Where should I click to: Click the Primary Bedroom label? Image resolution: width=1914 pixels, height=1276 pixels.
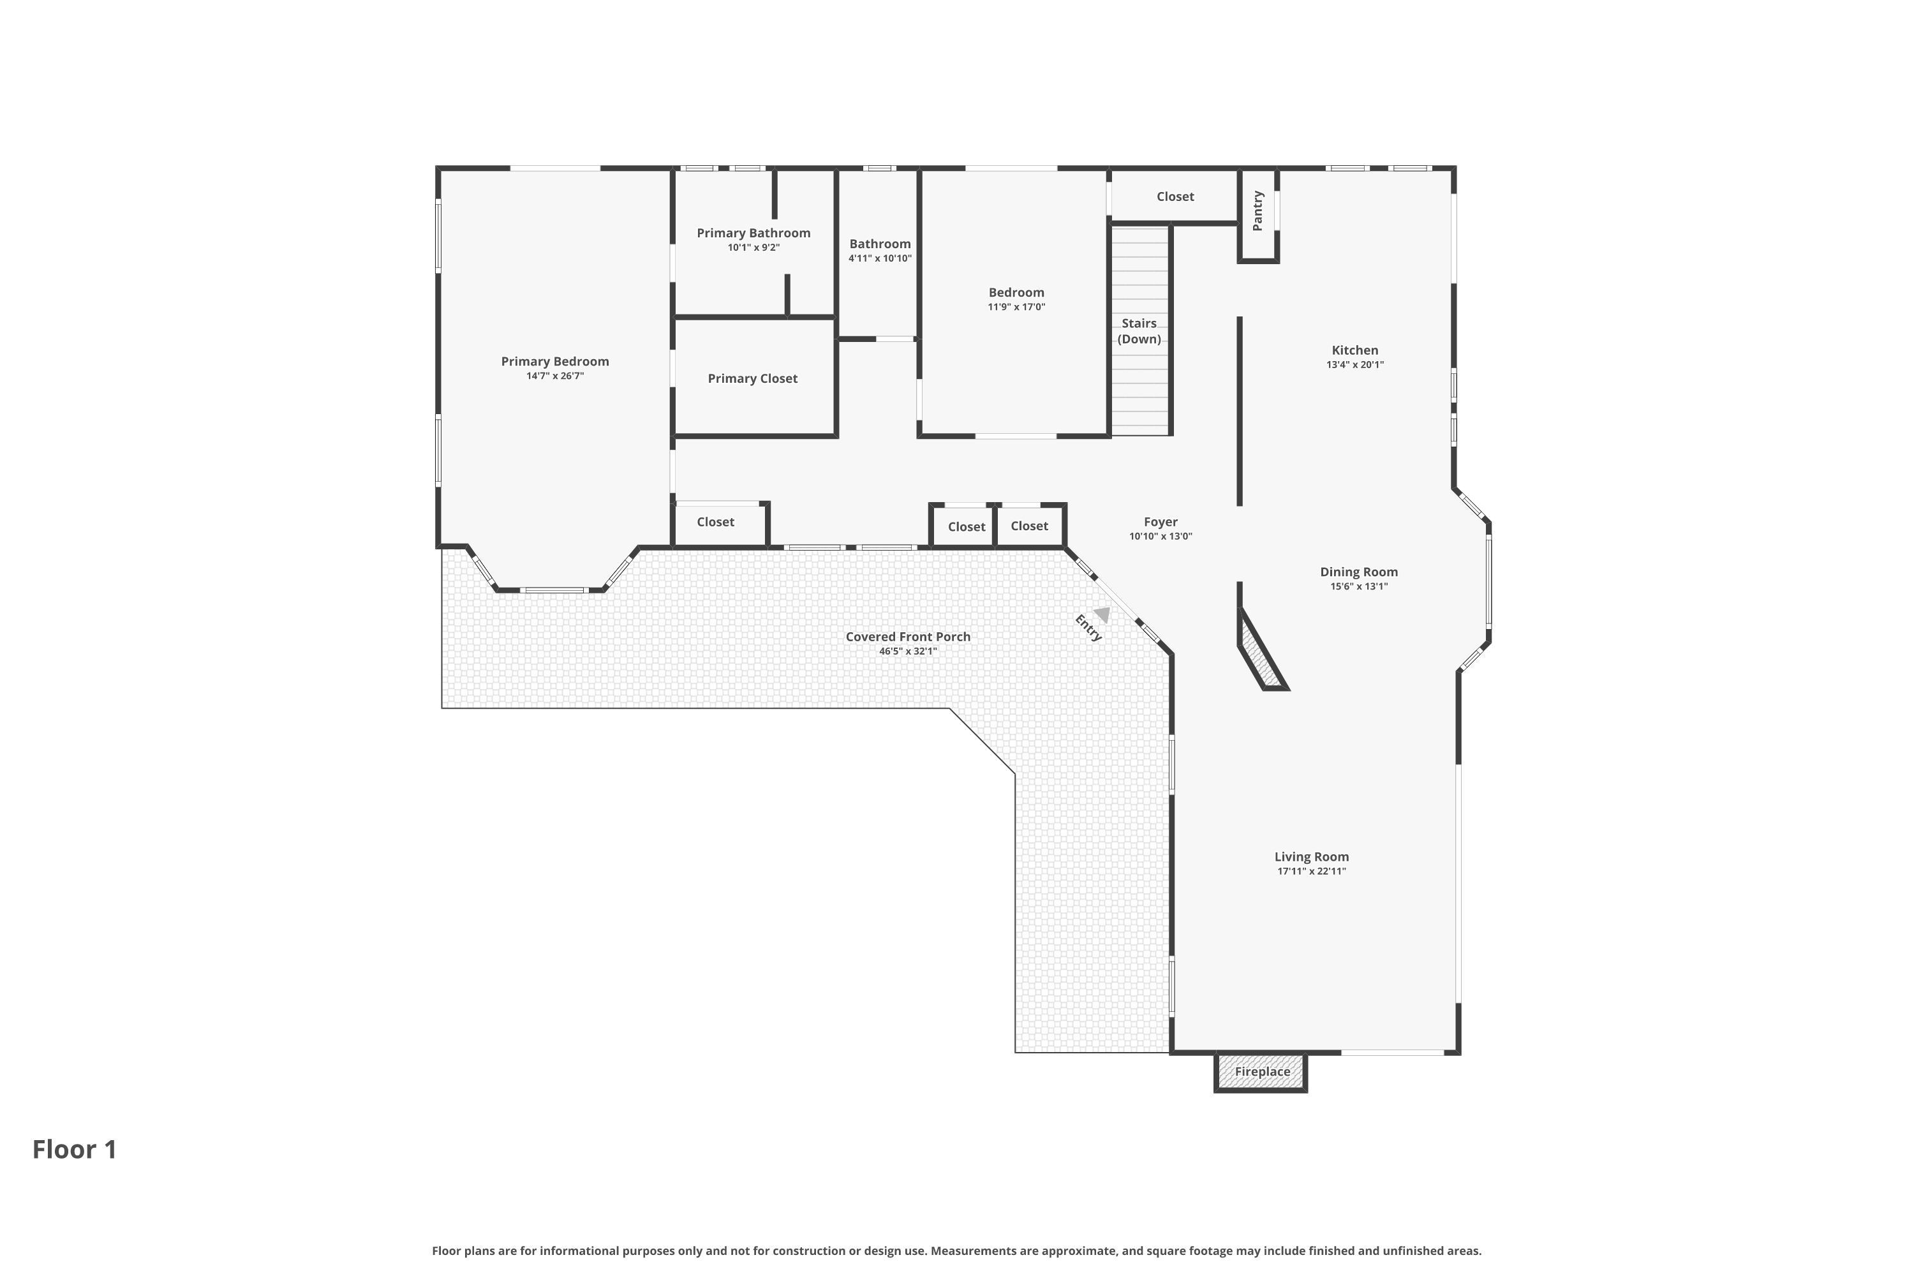[555, 361]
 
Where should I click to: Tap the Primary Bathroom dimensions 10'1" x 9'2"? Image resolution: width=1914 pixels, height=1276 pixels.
[753, 248]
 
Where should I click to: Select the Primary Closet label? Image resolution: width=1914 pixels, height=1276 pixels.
[753, 378]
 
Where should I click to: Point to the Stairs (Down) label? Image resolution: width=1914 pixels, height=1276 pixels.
[1139, 331]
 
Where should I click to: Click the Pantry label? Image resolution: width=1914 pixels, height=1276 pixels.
[1258, 211]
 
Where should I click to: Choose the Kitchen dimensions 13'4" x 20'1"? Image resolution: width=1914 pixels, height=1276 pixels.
[1355, 364]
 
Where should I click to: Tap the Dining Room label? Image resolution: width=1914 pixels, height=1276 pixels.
[1359, 572]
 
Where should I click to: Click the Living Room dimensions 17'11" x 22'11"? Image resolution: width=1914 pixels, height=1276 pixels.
[1312, 871]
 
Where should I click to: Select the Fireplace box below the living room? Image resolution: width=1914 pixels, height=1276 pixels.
[1261, 1072]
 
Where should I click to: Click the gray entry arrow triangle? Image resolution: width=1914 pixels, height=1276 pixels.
[1102, 614]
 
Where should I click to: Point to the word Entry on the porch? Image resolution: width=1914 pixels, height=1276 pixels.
[1088, 627]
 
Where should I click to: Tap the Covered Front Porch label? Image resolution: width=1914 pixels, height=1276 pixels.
[908, 636]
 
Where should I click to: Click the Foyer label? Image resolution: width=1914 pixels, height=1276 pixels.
[1161, 522]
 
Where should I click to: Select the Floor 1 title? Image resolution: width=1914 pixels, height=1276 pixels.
[75, 1149]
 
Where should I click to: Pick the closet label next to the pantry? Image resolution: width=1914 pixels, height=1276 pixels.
[1175, 196]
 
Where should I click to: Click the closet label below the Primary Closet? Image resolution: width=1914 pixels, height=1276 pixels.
[715, 522]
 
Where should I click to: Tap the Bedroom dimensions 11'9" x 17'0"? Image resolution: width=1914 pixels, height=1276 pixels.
[1016, 307]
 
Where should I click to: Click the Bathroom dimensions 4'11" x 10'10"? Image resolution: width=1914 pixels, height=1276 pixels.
[880, 258]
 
